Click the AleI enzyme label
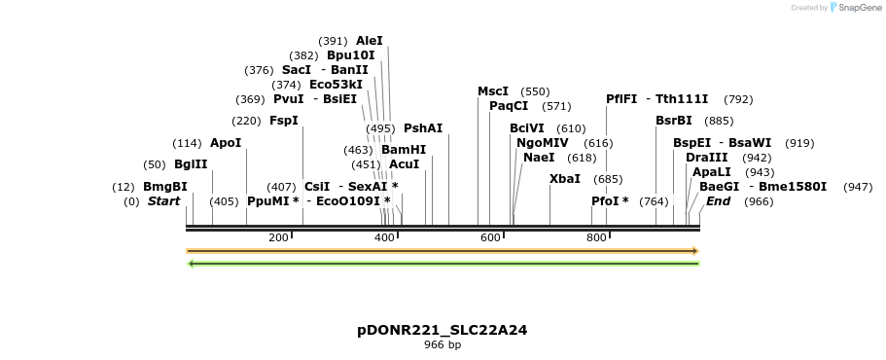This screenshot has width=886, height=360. (x=370, y=41)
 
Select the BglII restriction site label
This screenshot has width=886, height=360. (x=191, y=163)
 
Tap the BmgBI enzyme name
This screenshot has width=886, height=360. (x=164, y=187)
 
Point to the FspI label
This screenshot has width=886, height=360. (x=283, y=121)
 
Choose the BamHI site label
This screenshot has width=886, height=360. (x=404, y=150)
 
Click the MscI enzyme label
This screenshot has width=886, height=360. (x=493, y=91)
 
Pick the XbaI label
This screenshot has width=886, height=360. (x=565, y=179)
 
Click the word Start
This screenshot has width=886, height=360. (x=163, y=201)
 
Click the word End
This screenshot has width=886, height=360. (x=718, y=201)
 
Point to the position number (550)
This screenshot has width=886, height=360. (x=535, y=91)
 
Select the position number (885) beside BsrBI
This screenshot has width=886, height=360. (x=719, y=121)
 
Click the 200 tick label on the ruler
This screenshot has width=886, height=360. (x=278, y=238)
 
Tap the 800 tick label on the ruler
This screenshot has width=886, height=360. (x=596, y=238)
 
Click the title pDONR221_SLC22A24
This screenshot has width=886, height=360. (x=442, y=330)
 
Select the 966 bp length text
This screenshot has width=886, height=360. (x=443, y=345)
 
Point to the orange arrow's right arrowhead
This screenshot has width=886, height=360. (x=695, y=251)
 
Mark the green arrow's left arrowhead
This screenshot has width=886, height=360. (x=191, y=263)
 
